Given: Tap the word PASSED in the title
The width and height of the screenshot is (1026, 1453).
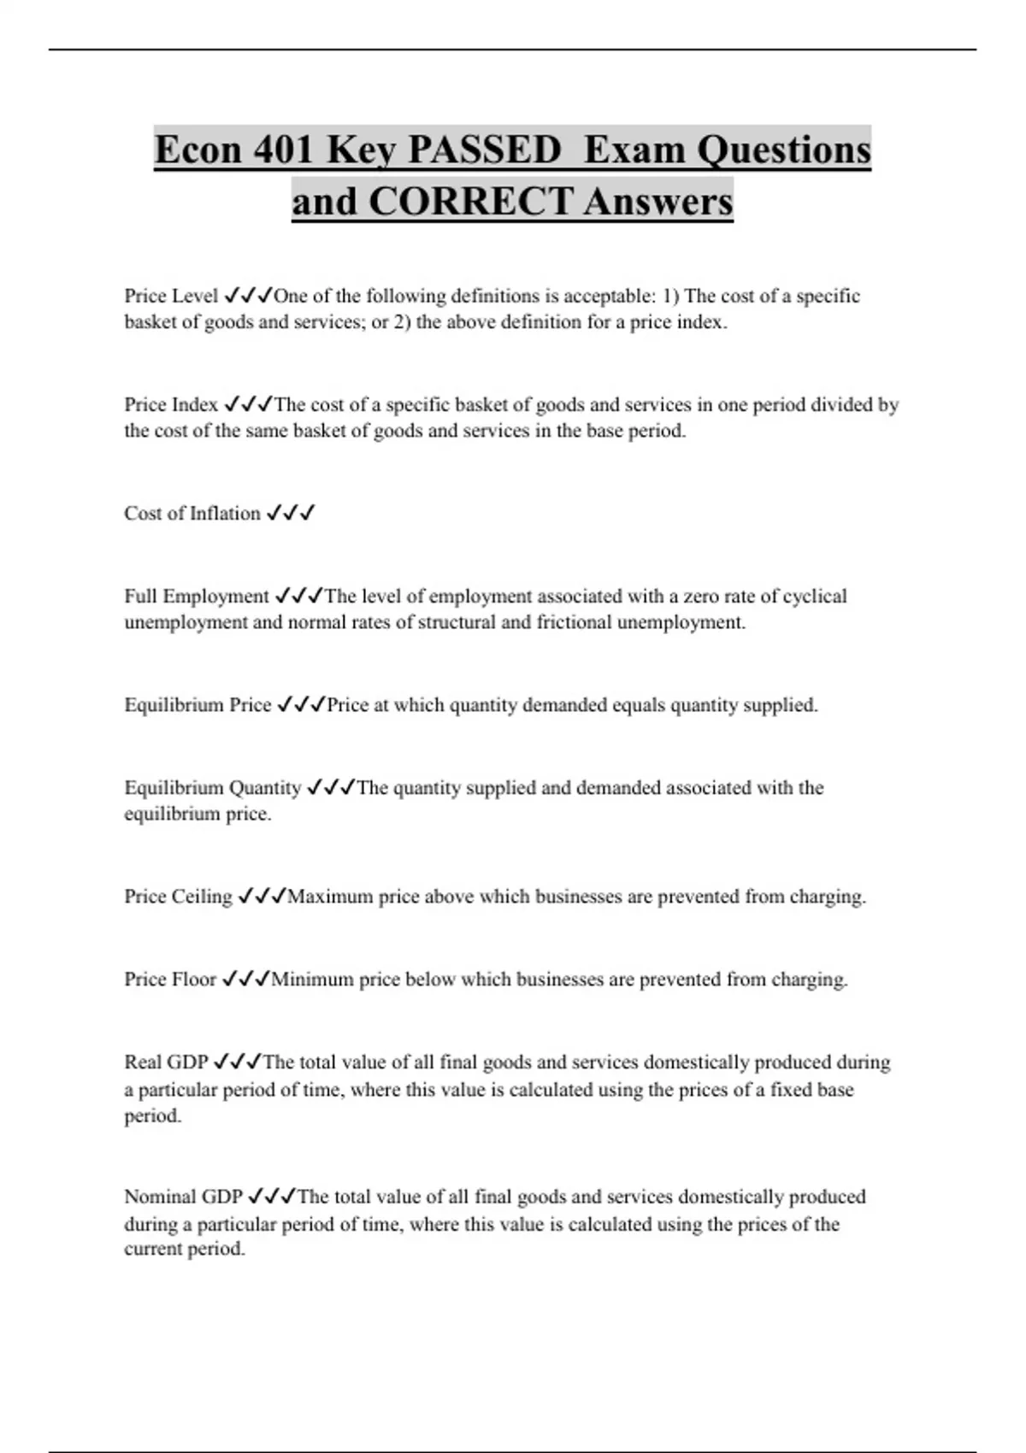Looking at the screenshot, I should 484,150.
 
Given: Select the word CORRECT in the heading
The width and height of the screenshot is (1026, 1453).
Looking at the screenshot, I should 470,202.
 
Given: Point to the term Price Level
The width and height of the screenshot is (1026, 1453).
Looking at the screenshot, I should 171,296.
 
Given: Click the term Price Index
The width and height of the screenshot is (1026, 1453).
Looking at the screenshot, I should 171,404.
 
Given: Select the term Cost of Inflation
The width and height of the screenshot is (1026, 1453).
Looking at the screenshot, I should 192,513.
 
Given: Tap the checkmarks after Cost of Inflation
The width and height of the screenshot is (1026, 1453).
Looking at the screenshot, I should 291,513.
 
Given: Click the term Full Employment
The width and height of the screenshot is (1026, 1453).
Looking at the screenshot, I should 197,596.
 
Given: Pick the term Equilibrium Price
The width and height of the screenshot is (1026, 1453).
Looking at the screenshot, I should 198,705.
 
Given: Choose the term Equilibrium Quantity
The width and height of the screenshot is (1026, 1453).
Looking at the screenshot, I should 213,787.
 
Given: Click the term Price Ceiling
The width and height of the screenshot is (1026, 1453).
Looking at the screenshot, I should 178,897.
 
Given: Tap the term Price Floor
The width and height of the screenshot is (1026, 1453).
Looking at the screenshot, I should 170,979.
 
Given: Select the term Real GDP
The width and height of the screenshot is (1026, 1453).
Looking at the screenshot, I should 166,1062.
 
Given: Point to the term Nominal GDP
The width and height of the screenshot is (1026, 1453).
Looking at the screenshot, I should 183,1197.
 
